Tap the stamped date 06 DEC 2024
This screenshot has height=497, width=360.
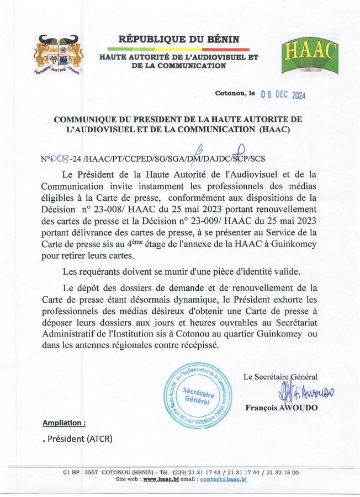[283, 94]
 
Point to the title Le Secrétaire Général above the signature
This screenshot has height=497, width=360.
[280, 377]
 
